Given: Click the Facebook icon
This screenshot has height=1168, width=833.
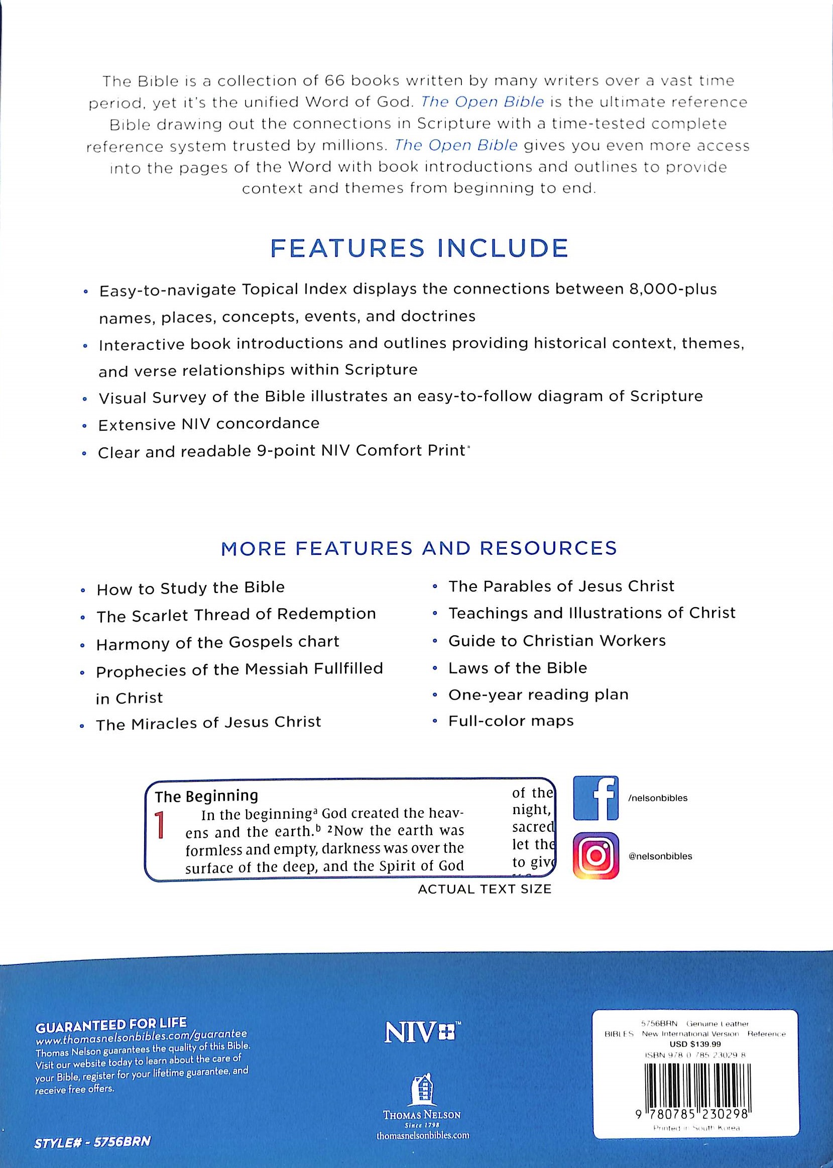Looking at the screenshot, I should point(595,798).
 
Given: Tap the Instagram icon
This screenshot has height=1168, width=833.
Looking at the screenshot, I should point(595,855).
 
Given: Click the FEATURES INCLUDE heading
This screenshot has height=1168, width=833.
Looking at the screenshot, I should point(419,248).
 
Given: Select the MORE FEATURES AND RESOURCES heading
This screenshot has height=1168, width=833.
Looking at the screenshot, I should point(419,548).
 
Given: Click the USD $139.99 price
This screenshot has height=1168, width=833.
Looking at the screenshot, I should point(695,1043).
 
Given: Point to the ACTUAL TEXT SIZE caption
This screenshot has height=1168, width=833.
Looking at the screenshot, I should point(484,889).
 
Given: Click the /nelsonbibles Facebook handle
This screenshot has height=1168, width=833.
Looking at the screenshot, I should point(657,798).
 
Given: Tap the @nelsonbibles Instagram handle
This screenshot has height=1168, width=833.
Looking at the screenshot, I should point(660,856).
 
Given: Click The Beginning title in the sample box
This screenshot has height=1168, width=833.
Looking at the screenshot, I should point(206,796).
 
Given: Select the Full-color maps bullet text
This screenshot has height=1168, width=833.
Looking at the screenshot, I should point(511,721).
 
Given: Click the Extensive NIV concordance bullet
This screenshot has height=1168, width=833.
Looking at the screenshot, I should point(208,424).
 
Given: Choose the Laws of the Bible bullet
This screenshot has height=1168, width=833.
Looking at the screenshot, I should point(517,667).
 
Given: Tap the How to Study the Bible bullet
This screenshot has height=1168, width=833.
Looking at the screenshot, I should point(190,588).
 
